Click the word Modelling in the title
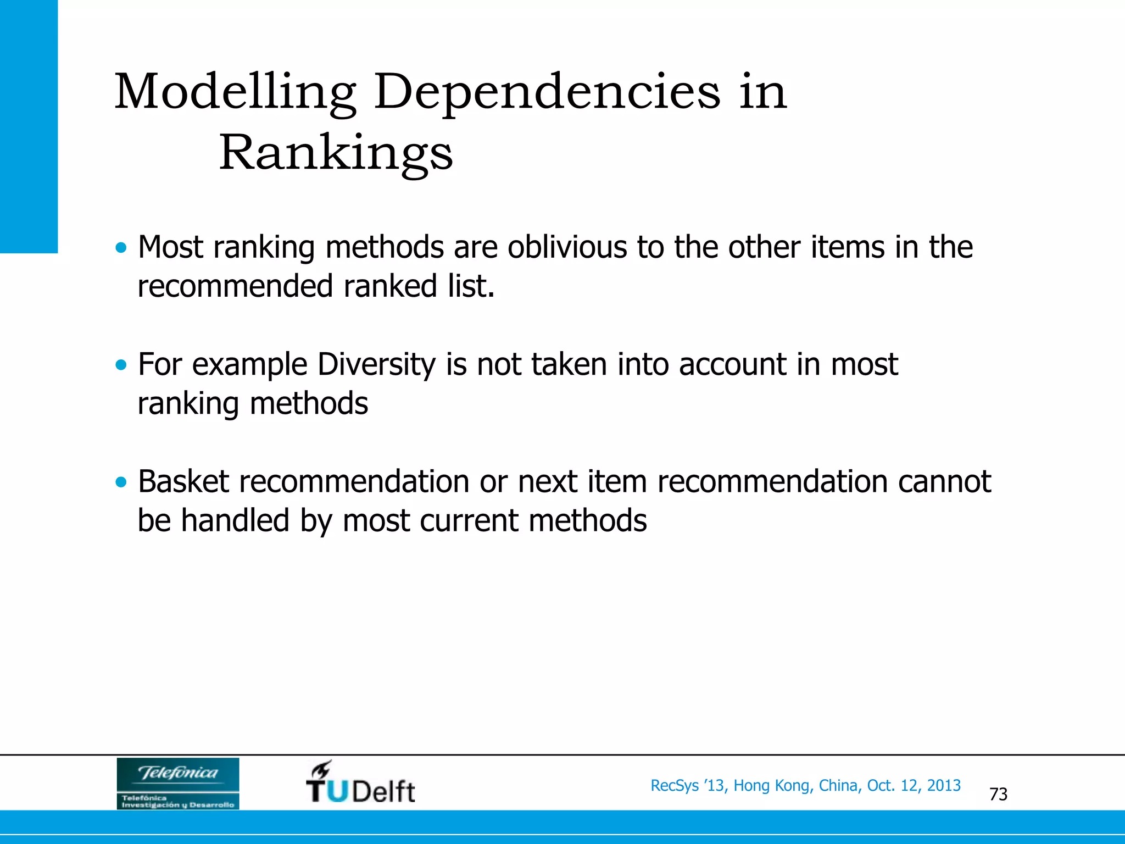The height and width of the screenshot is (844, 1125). (235, 92)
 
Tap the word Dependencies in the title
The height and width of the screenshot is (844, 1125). (547, 92)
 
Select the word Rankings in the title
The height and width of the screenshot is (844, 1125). (336, 153)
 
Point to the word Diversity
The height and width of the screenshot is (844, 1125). (376, 364)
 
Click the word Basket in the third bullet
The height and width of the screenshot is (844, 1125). (183, 482)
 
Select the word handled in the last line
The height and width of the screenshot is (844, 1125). (235, 520)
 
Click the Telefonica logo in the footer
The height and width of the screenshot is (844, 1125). (178, 783)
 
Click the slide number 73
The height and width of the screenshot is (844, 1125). (998, 794)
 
